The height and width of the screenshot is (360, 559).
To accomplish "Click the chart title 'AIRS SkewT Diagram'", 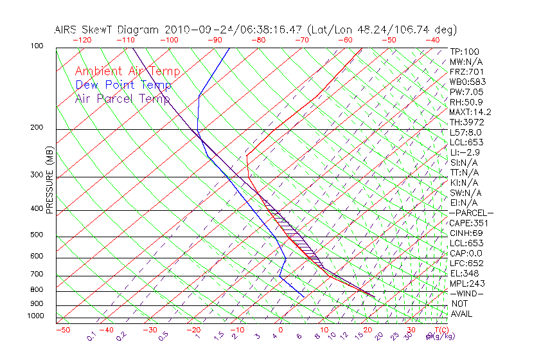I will coord(107,30).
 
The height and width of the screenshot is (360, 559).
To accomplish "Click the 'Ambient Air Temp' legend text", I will coord(127,71).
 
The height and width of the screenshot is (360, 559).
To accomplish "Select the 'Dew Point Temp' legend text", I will coord(123,85).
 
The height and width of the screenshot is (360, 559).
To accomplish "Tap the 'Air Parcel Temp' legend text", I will coord(123,98).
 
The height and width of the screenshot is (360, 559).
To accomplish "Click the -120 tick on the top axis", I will coord(82,40).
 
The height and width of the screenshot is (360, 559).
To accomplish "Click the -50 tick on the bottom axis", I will coord(62,330).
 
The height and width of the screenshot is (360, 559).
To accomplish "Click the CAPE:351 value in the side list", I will coord(466,223).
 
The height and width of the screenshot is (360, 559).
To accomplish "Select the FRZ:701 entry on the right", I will coord(466,72).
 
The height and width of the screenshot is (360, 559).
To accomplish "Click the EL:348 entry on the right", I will coord(463,273).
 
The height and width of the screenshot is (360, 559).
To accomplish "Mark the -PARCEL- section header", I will coord(471,213).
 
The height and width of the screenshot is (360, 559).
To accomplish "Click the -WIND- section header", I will coord(467,293).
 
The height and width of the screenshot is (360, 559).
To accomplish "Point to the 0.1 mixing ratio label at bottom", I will coord(92,336).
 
